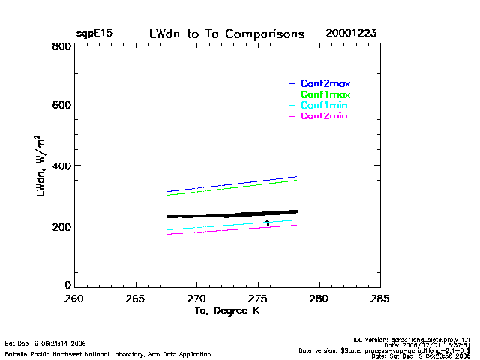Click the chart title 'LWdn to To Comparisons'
point(226,34)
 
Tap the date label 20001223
point(351,34)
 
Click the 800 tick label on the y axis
point(61,46)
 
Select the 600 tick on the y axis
point(61,106)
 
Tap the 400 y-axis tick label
point(61,166)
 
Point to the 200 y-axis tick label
point(61,226)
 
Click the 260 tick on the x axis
point(73,298)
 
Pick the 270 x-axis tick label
point(196,298)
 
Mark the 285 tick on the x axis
point(380,298)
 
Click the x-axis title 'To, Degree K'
point(226,310)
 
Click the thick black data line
point(232,215)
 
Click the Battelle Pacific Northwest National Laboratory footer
point(108,353)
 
